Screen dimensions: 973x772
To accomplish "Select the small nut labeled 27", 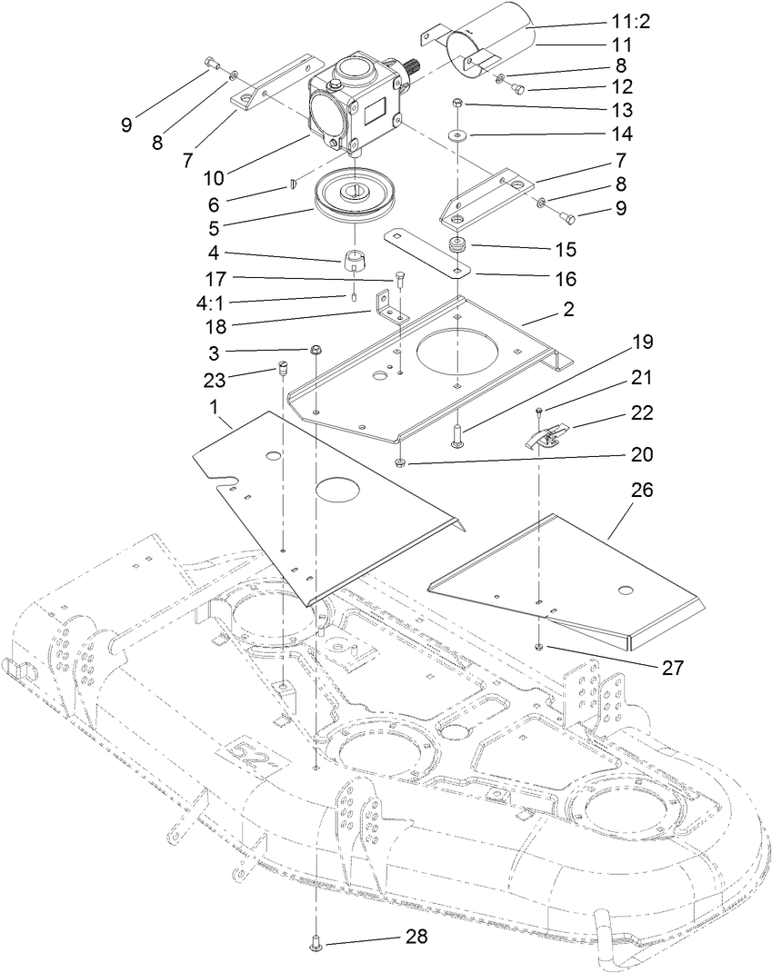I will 540,646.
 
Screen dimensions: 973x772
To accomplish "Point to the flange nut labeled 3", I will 316,349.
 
